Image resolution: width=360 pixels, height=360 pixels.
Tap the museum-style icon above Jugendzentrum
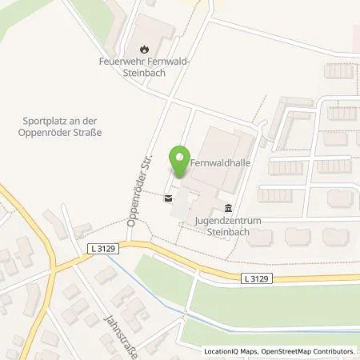click(229, 206)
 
